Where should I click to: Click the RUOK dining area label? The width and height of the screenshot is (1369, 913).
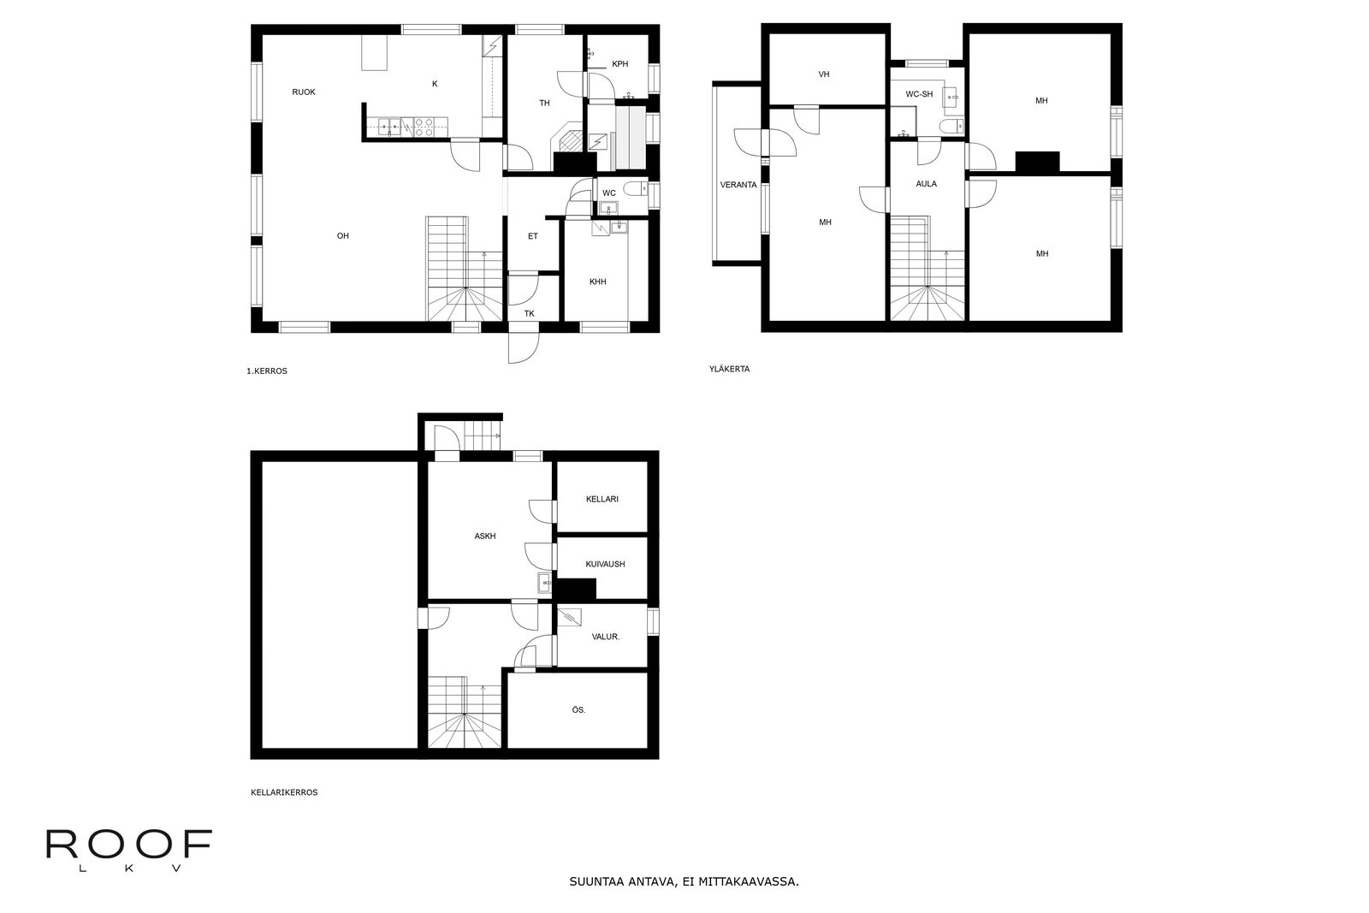tap(304, 92)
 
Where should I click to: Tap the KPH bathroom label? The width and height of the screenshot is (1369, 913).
tap(619, 64)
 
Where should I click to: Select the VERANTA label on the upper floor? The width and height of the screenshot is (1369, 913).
tap(738, 185)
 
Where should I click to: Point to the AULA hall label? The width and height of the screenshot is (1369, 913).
tap(926, 184)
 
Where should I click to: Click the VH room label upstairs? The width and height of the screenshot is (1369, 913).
tap(824, 74)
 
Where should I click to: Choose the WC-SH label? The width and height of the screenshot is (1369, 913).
tap(919, 94)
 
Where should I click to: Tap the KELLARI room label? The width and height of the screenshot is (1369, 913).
tap(602, 499)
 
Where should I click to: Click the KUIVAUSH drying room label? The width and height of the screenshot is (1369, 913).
tap(605, 564)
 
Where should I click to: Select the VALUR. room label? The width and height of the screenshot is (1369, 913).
tap(606, 637)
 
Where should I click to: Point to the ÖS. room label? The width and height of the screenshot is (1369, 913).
tap(578, 710)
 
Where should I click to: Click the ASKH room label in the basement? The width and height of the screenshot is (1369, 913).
tap(484, 537)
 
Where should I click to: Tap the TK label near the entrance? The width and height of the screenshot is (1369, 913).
tap(530, 313)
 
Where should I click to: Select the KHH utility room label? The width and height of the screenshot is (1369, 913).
tap(598, 282)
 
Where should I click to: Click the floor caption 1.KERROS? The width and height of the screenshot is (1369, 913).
tap(266, 371)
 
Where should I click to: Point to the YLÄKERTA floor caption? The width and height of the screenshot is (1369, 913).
tap(729, 369)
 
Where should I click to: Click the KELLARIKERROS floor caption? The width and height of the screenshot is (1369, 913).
tap(284, 792)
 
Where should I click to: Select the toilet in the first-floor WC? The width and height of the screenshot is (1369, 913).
tap(637, 189)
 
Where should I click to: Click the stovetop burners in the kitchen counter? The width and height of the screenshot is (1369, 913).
tap(424, 127)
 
